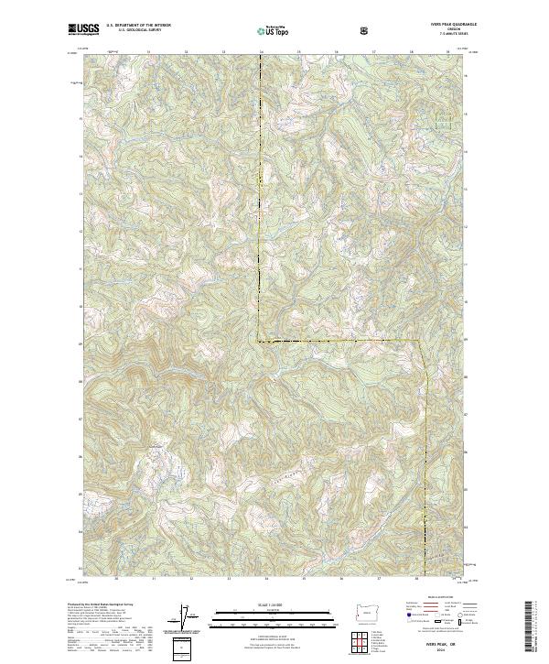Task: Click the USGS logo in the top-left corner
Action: tap(83, 30)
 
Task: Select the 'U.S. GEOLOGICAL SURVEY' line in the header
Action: tap(134, 30)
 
